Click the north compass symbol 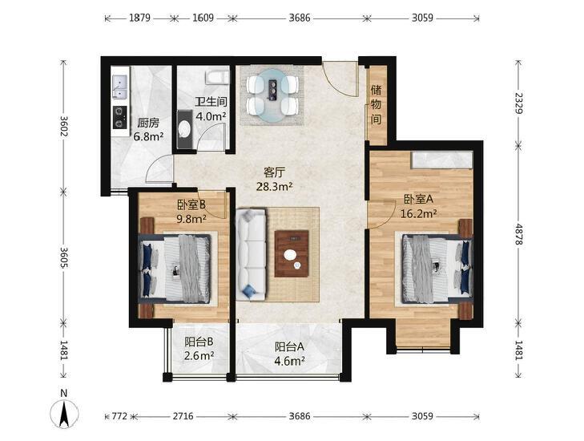pyautogui.click(x=64, y=413)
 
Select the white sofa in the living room pyautogui.click(x=251, y=255)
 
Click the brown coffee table pyautogui.click(x=292, y=253)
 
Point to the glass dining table pyautogui.click(x=274, y=95)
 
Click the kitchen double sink pyautogui.click(x=120, y=87)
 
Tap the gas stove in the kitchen pyautogui.click(x=120, y=117)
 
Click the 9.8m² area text pyautogui.click(x=191, y=219)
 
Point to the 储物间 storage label pyautogui.click(x=377, y=105)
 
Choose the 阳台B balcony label pyautogui.click(x=199, y=342)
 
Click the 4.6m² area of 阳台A pyautogui.click(x=290, y=361)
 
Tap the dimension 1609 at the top pyautogui.click(x=203, y=18)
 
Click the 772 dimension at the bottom pyautogui.click(x=119, y=415)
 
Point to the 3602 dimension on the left pyautogui.click(x=64, y=126)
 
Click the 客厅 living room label pyautogui.click(x=274, y=172)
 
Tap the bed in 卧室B pyautogui.click(x=175, y=268)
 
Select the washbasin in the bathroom pyautogui.click(x=183, y=129)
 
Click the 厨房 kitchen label pyautogui.click(x=148, y=123)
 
